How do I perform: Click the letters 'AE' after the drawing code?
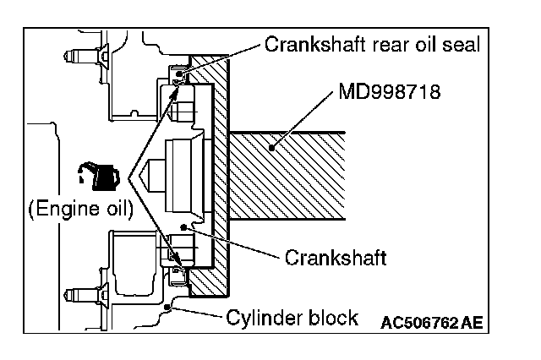474,322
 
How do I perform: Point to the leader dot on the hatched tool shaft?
272,147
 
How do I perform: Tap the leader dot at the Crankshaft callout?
193,229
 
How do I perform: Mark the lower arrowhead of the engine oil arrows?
177,259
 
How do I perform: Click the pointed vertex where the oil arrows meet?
129,178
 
